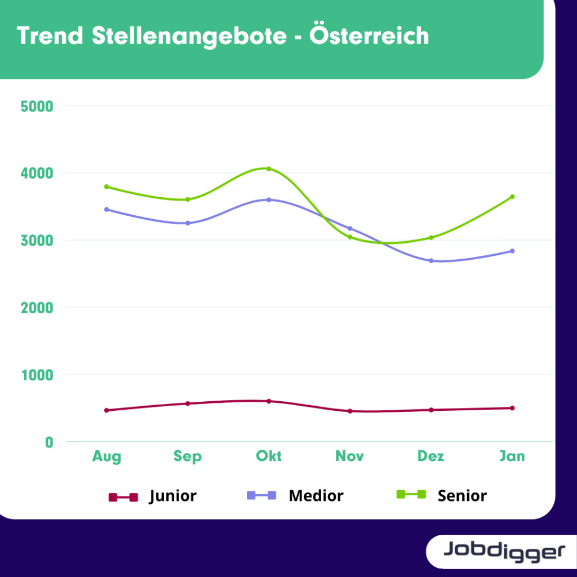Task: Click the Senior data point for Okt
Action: pos(269,168)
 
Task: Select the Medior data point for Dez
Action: pos(431,261)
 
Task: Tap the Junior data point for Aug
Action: pos(106,410)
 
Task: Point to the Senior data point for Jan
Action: pos(512,197)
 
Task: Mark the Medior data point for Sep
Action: pos(188,223)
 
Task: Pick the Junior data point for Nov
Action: pos(350,411)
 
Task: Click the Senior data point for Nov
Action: pos(350,237)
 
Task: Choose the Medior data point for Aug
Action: pos(106,210)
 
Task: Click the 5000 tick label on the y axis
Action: pos(36,106)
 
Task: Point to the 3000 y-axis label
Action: pos(36,241)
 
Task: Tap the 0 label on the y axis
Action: pos(49,442)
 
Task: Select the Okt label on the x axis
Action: pos(269,456)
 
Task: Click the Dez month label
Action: pos(431,456)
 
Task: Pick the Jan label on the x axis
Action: pos(512,456)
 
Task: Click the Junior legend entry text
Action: pos(172,496)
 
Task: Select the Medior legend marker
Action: pos(261,496)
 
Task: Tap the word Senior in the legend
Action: pos(462,496)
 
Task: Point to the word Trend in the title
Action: pos(50,36)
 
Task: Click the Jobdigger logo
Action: pos(503,551)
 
